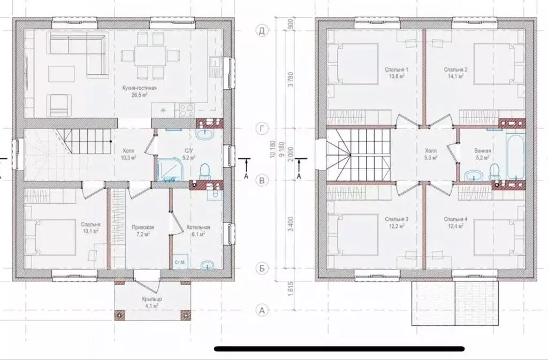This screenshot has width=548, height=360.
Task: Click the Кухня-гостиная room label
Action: [140, 88]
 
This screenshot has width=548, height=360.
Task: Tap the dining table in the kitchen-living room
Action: [150, 55]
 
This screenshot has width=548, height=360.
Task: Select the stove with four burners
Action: [187, 110]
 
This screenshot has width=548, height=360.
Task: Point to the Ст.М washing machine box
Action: [180, 262]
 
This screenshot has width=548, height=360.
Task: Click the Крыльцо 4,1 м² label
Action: [151, 302]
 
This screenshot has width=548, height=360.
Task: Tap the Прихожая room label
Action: [143, 231]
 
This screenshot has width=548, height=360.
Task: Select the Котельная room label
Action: [198, 231]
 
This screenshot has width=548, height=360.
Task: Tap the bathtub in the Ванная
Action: [515, 158]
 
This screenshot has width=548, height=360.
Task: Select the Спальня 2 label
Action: [453, 69]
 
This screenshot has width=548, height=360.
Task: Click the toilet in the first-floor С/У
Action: [205, 171]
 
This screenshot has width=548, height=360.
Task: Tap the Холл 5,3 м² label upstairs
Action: [431, 154]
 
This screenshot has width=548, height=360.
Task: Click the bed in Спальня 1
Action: [353, 64]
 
